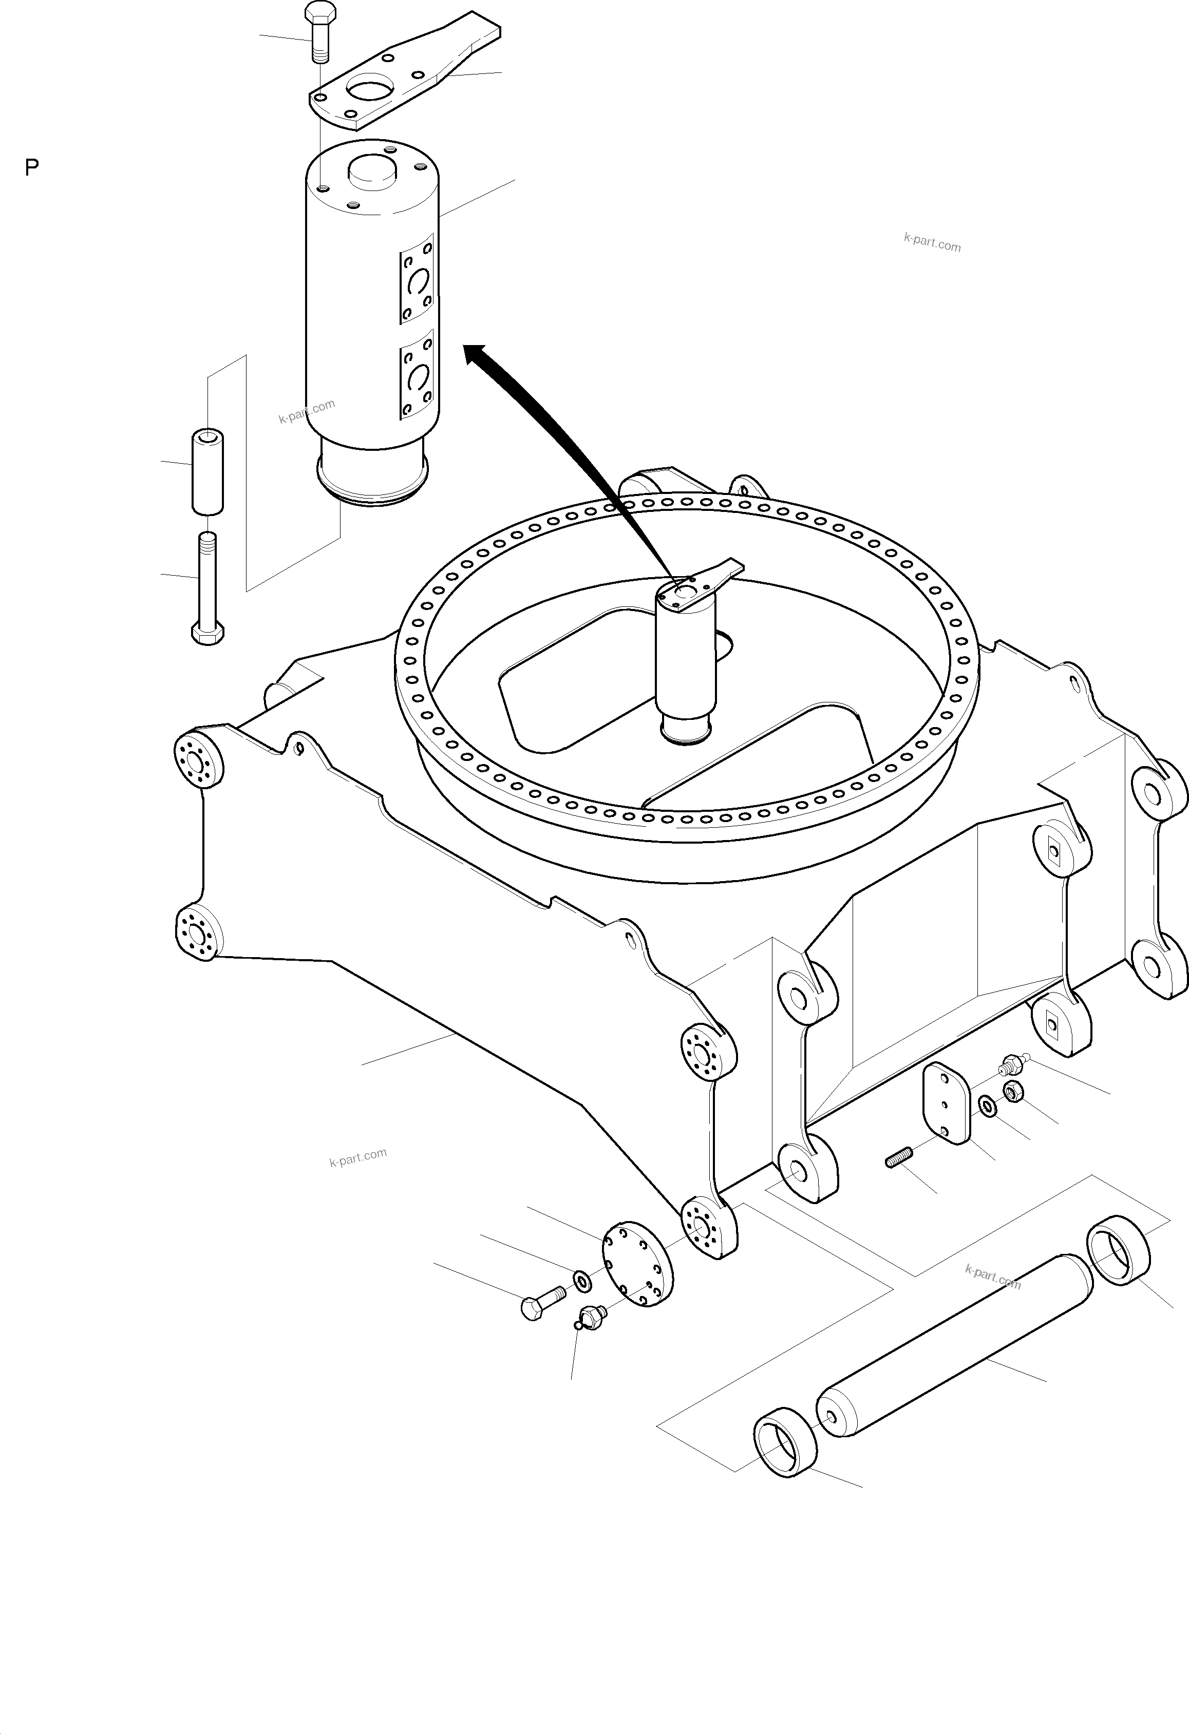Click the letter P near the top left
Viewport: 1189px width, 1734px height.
point(31,168)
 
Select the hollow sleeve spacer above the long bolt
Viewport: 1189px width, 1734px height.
point(208,471)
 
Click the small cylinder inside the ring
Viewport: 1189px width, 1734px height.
point(685,657)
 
